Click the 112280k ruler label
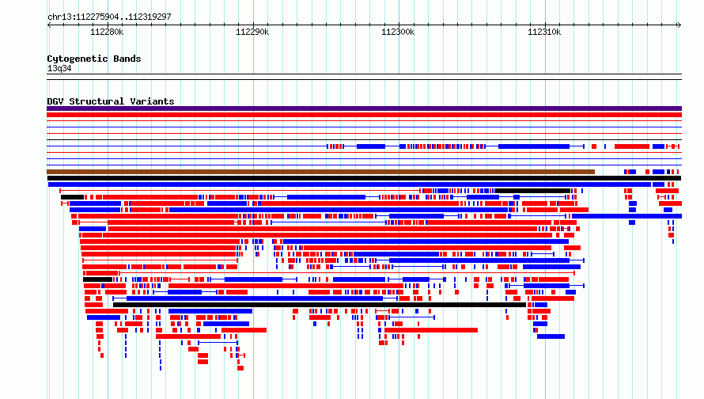[107, 32]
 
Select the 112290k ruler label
[252, 32]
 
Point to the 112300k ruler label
[398, 32]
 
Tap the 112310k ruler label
[544, 32]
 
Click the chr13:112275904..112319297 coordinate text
[109, 17]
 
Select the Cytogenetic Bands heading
[94, 59]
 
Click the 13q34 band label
[59, 68]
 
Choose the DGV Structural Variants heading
[111, 101]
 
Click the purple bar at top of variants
[364, 108]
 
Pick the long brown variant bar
[320, 172]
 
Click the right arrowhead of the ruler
[680, 25]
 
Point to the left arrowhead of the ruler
[48, 25]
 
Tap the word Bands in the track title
[127, 59]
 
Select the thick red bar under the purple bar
[364, 115]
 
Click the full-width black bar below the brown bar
[364, 178]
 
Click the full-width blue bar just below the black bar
[350, 184]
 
